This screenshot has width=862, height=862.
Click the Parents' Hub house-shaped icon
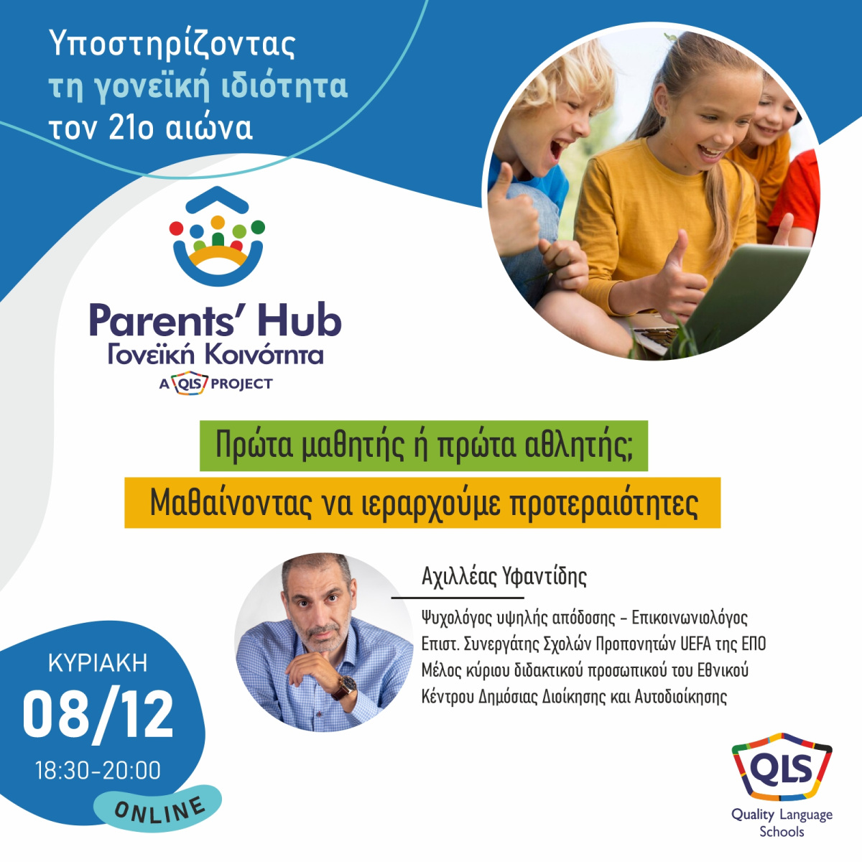217,236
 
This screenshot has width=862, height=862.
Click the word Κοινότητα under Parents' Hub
264,355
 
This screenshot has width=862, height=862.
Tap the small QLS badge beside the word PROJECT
190,384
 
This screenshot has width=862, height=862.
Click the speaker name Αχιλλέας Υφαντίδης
504,577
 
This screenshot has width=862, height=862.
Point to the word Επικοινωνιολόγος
690,618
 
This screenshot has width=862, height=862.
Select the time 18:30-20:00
98,770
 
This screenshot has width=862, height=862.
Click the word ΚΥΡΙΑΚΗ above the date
98,664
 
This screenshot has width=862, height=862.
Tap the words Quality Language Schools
782,823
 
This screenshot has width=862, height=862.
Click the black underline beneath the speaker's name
458,598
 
